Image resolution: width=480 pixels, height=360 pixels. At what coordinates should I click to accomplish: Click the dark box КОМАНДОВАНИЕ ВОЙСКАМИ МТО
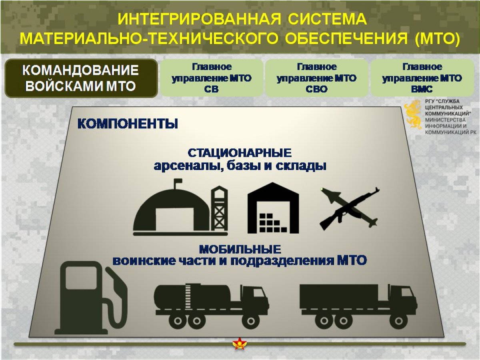(81, 78)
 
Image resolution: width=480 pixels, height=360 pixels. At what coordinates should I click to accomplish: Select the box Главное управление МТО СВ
(212, 78)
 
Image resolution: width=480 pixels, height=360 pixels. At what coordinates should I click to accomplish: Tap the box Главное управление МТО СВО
(316, 78)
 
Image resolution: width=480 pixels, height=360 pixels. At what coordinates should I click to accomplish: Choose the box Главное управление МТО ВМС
(422, 78)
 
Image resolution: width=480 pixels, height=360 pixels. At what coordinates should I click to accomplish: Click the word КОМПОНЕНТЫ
(128, 124)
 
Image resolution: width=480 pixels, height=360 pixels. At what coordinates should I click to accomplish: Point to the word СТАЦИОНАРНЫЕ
(240, 153)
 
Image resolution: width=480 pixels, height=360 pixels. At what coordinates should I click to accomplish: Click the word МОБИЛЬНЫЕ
(240, 249)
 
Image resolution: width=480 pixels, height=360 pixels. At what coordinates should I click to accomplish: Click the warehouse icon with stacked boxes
(273, 208)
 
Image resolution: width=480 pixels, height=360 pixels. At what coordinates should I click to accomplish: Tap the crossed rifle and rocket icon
(350, 209)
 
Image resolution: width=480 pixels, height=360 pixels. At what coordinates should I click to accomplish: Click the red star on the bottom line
(240, 344)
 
